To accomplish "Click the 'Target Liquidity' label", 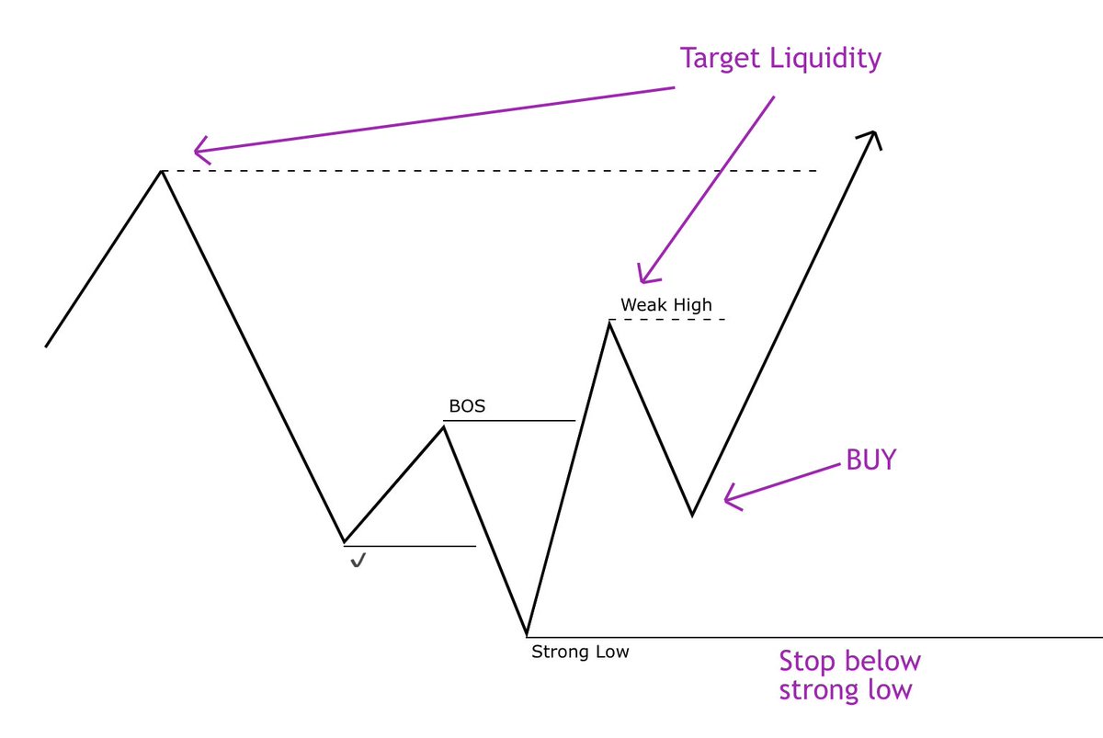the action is click(780, 59).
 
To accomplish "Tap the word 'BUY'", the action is click(870, 460).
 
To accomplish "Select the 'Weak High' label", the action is click(665, 304).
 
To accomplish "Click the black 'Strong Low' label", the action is click(580, 652).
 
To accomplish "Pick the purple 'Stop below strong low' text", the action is click(849, 676).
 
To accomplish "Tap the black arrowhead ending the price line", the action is click(870, 138).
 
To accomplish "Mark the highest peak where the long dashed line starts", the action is click(162, 171).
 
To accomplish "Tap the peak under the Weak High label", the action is click(608, 321).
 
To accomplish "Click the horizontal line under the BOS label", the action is click(510, 421).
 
